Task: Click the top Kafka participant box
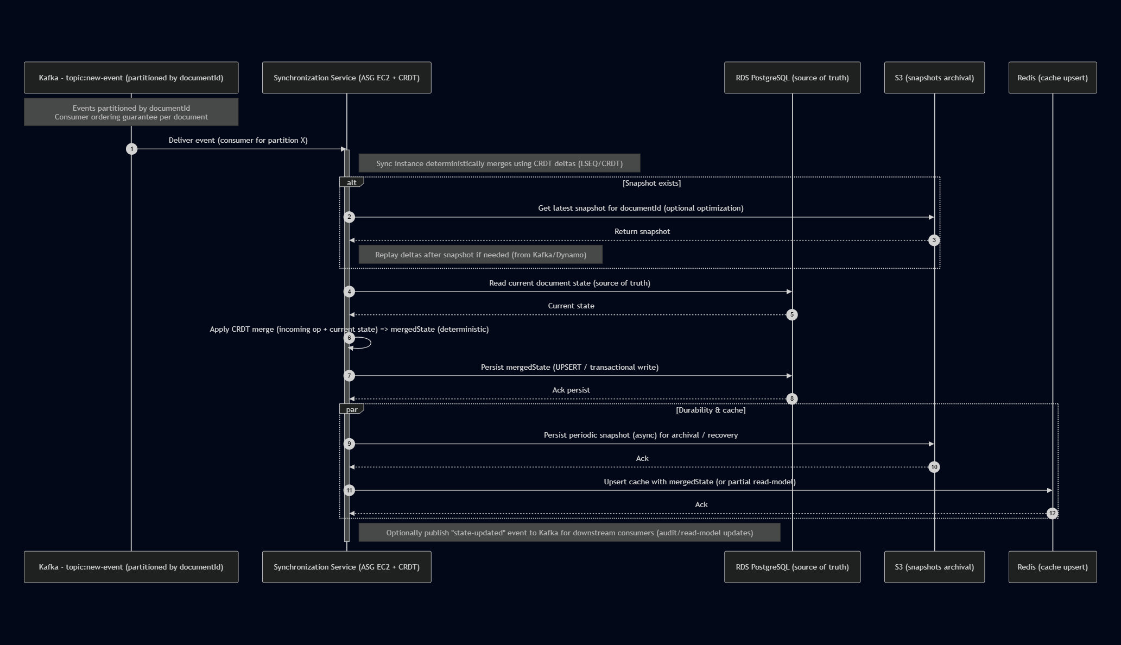131,78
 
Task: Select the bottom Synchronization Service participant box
346,567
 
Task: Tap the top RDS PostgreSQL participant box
792,78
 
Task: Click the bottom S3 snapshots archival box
934,567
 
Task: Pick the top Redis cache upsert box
1052,78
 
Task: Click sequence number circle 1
131,149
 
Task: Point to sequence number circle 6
350,338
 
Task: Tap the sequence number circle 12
1052,513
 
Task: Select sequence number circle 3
934,240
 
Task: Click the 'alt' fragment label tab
351,182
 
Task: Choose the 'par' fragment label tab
351,409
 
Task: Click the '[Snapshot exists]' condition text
651,183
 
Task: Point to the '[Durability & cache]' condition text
711,410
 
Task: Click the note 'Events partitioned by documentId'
131,112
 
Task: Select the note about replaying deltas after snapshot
480,255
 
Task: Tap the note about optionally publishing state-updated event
569,533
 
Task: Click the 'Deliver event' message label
238,140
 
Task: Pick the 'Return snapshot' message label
642,231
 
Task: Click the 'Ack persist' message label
571,390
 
